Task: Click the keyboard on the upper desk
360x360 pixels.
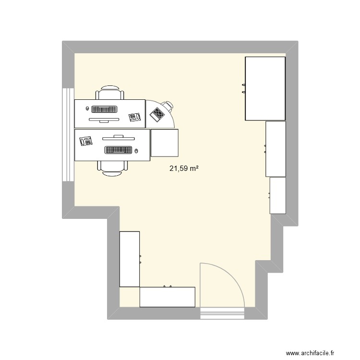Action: tap(104, 109)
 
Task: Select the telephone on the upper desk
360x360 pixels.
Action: tap(134, 117)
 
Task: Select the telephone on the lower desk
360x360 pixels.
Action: tap(86, 141)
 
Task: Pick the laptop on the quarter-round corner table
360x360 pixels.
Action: tap(157, 114)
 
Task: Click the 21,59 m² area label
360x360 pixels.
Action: tap(184, 168)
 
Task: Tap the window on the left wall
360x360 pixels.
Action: tap(68, 134)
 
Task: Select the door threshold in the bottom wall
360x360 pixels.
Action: tap(223, 313)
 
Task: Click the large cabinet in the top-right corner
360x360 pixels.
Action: tap(265, 88)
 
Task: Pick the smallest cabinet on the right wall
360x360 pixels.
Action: tap(278, 195)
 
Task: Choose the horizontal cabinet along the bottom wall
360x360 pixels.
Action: tap(167, 297)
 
